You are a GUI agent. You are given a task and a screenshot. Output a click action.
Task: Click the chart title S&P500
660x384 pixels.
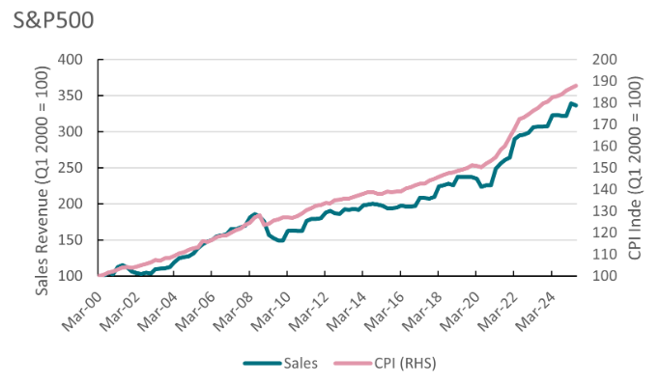click(53, 19)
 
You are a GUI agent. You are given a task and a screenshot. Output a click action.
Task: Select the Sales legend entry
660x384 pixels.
click(280, 363)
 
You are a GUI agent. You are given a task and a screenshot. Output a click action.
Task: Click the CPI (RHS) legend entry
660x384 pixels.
click(385, 363)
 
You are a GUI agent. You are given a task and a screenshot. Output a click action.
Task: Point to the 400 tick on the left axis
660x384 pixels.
click(70, 60)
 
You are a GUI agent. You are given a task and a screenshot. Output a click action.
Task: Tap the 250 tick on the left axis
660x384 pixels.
click(70, 168)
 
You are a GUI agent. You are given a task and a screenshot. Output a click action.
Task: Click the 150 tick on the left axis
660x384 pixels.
click(70, 240)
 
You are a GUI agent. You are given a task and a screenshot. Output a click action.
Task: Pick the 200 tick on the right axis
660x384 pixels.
click(605, 60)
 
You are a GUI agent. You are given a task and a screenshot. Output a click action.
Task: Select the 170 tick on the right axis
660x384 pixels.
click(605, 124)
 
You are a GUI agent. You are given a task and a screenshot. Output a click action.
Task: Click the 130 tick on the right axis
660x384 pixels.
click(605, 211)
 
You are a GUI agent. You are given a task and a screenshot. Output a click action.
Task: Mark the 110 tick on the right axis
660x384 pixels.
click(605, 254)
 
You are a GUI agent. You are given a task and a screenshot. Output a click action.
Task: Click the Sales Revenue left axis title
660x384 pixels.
click(42, 180)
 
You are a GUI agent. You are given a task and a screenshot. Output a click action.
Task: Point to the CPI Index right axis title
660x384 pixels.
click(635, 168)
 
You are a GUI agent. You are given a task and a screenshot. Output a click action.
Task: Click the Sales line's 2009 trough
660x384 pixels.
click(279, 240)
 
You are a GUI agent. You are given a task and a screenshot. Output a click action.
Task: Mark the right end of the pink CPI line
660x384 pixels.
click(576, 86)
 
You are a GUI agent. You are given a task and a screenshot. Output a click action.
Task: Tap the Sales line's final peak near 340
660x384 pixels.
click(571, 103)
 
